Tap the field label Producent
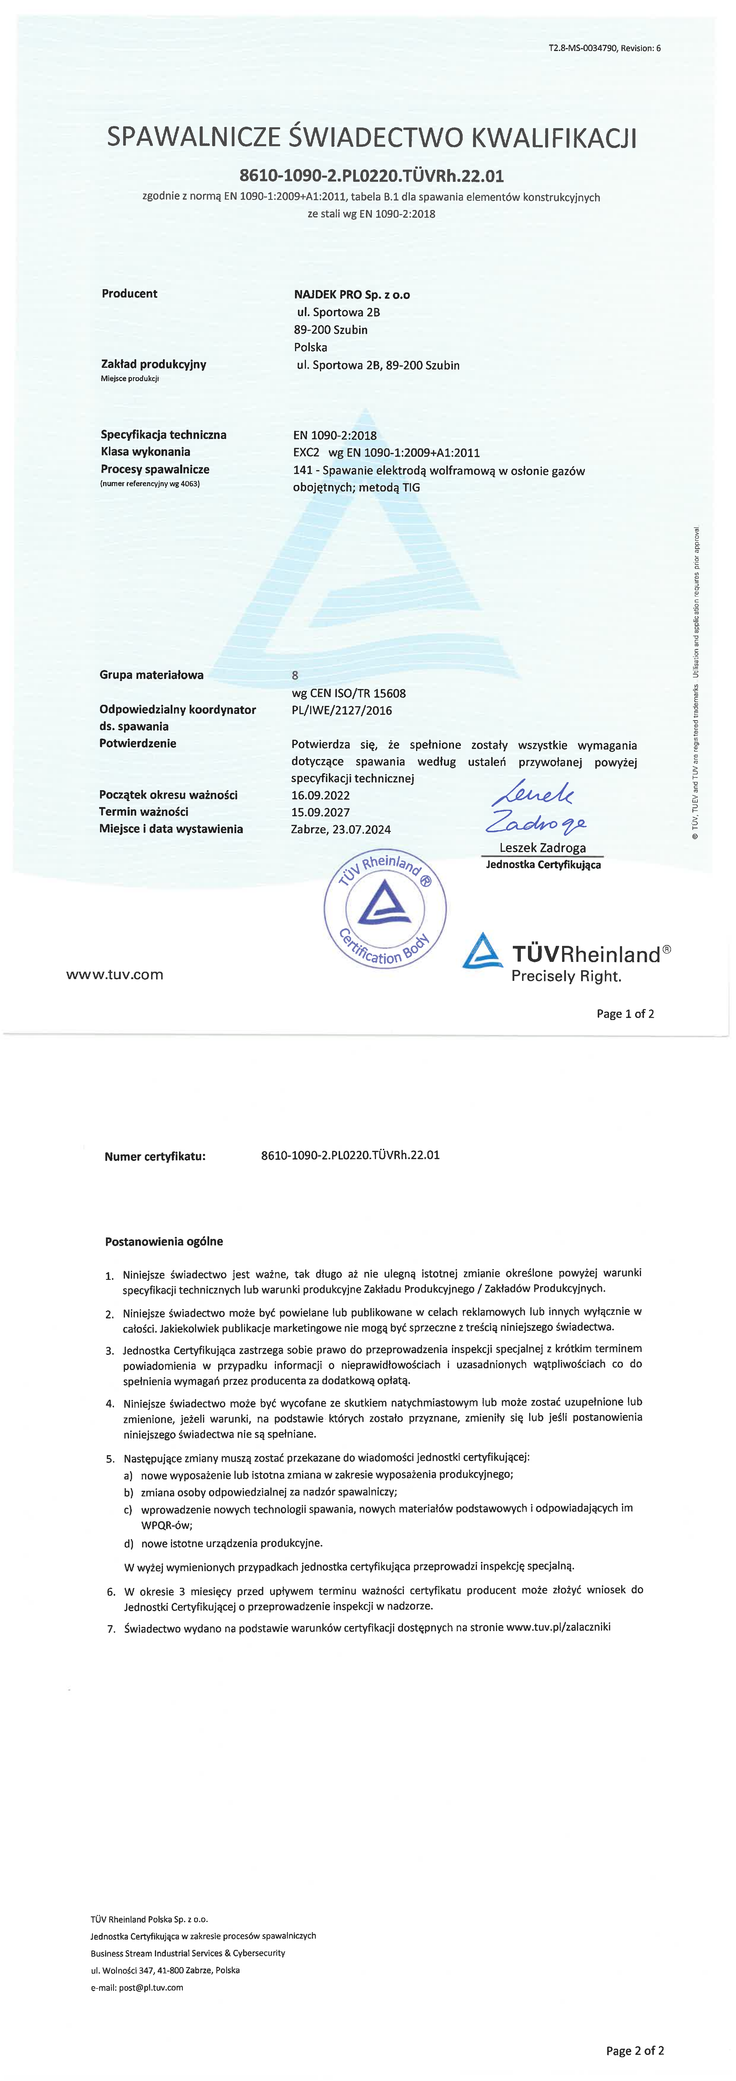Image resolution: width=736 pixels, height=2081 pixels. [x=129, y=293]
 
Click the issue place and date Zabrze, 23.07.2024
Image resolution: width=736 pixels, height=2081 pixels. [x=341, y=829]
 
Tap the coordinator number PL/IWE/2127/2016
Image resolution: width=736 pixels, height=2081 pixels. [x=342, y=711]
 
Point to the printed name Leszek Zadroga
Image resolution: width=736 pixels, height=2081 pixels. [x=542, y=847]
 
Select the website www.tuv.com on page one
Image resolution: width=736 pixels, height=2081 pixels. [x=115, y=974]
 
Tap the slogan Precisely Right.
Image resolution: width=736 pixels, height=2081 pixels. [x=566, y=977]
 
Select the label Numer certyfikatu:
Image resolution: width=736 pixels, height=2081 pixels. [x=155, y=1156]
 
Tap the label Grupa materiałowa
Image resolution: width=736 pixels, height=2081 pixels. [x=152, y=674]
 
